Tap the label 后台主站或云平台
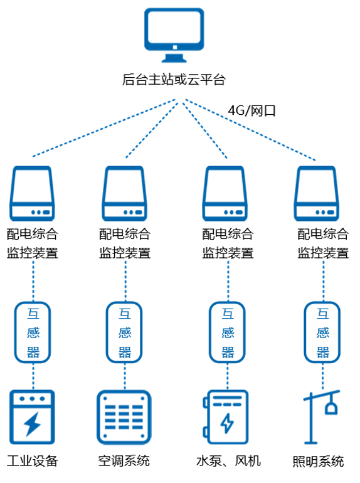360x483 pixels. (x=174, y=80)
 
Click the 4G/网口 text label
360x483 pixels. (x=251, y=110)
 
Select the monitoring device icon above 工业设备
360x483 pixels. (x=33, y=193)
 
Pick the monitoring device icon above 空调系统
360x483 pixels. (x=124, y=193)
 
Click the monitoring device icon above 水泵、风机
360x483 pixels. (x=225, y=193)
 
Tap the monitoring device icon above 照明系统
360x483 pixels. (x=317, y=193)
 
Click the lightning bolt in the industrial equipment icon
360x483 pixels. (x=32, y=423)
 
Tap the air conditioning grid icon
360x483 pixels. (x=124, y=417)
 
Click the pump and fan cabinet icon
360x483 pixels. (x=226, y=417)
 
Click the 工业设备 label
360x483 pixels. (x=33, y=461)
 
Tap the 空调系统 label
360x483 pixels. (x=124, y=461)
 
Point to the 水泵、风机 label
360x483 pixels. (x=228, y=461)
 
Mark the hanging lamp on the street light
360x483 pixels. (x=331, y=406)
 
